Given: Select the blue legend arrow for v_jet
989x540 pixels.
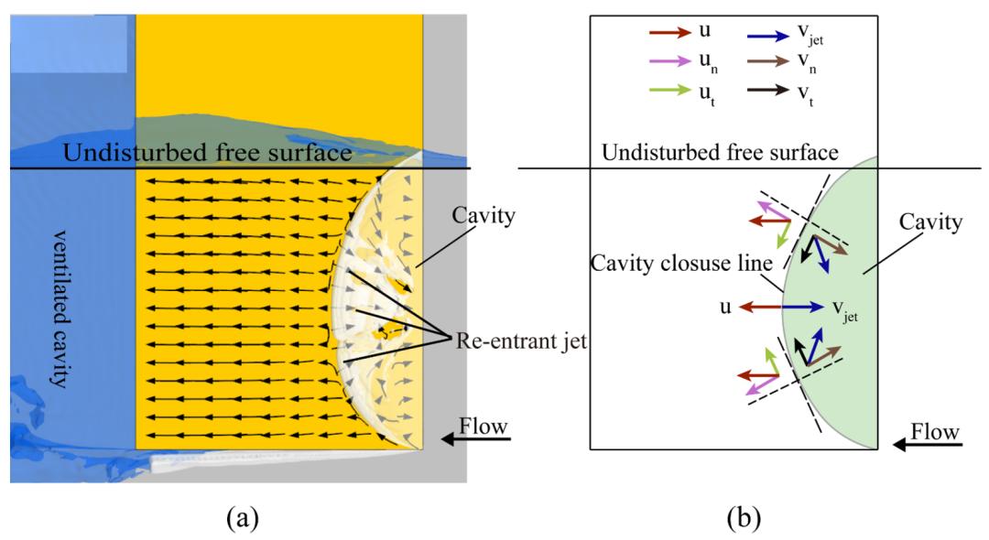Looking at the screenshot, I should tap(745, 33).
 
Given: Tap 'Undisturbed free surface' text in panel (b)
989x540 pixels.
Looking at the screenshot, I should tap(720, 151).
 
